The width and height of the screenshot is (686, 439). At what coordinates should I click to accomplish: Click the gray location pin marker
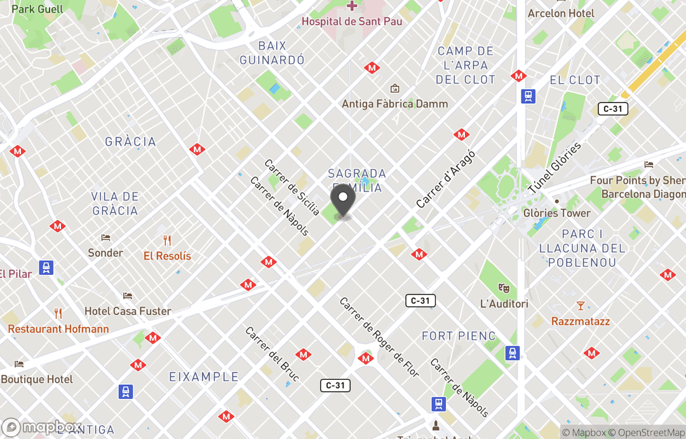(x=343, y=200)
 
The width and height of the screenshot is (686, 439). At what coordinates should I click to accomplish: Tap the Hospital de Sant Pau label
(x=351, y=21)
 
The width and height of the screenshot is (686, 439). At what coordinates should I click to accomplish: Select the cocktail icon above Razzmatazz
(x=580, y=306)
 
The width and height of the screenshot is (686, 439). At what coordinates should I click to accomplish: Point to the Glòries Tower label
(x=557, y=213)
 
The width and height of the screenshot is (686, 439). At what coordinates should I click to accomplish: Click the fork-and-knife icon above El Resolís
(x=167, y=240)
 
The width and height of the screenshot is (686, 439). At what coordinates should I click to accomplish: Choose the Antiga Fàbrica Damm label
(x=394, y=104)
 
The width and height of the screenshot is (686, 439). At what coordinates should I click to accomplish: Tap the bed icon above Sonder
(x=105, y=237)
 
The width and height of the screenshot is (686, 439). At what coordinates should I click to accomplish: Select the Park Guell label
(x=37, y=9)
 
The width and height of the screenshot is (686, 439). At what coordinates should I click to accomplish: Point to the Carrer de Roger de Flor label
(x=379, y=337)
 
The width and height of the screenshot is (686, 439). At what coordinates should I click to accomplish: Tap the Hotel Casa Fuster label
(x=128, y=311)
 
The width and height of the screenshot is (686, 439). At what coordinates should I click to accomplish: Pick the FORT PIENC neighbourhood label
(x=458, y=335)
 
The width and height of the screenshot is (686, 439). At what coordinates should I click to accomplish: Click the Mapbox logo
(x=42, y=428)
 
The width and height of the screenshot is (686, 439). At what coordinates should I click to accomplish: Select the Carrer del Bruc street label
(x=272, y=354)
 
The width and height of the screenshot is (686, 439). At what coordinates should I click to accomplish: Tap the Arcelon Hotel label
(x=561, y=13)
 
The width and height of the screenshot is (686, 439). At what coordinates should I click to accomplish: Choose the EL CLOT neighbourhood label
(x=575, y=80)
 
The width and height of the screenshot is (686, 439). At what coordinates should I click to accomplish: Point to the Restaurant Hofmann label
(x=58, y=329)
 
